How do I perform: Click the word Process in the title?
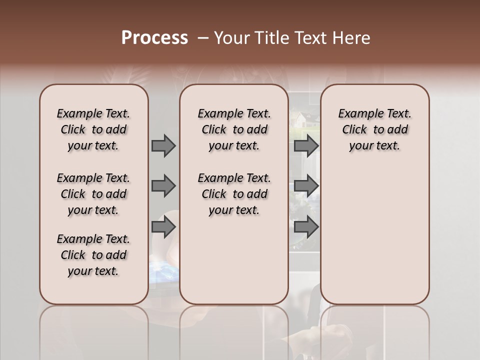pyautogui.click(x=154, y=37)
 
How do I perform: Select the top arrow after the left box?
pyautogui.click(x=163, y=145)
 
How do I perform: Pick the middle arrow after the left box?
pyautogui.click(x=163, y=186)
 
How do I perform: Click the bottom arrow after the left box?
pyautogui.click(x=163, y=227)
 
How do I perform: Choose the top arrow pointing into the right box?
pyautogui.click(x=305, y=145)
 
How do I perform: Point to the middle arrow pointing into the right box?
pyautogui.click(x=305, y=186)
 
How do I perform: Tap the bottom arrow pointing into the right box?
pyautogui.click(x=305, y=227)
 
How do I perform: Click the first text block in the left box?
pyautogui.click(x=93, y=129)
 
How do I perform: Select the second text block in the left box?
pyautogui.click(x=93, y=194)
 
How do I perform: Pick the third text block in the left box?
pyautogui.click(x=93, y=255)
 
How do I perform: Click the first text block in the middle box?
pyautogui.click(x=234, y=129)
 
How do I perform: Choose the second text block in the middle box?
pyautogui.click(x=234, y=194)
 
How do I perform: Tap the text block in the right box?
pyautogui.click(x=374, y=129)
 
